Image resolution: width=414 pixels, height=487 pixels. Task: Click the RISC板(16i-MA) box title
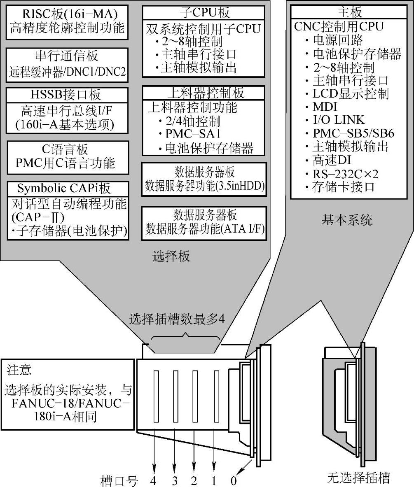coord(67,14)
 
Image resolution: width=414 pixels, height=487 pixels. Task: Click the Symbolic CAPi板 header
coord(64,188)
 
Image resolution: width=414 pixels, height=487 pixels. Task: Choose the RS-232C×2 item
coord(345,173)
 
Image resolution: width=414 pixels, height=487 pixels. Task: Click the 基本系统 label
coord(347,220)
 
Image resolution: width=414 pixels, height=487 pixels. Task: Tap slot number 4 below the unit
coord(154,480)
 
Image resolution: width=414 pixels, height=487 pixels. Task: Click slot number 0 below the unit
coord(233,480)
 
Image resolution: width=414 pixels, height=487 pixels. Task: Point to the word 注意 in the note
coord(18,369)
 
